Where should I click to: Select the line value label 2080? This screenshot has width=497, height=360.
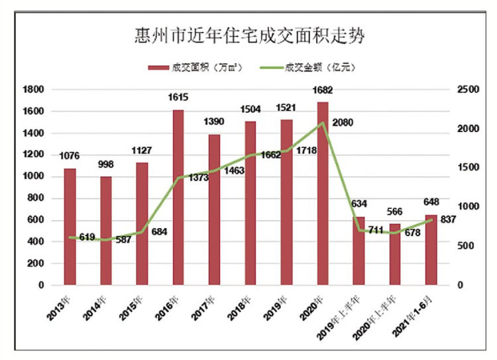click(x=343, y=123)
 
